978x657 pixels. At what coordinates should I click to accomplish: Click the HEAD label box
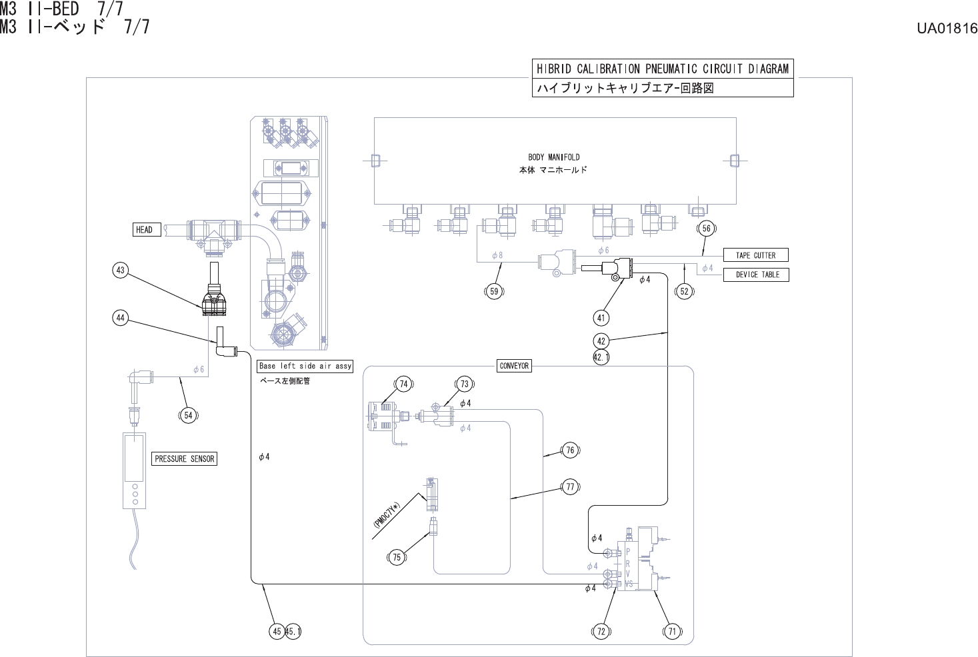tap(147, 229)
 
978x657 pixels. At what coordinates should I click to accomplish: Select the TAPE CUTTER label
tap(756, 255)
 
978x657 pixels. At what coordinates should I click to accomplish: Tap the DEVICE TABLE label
tap(756, 275)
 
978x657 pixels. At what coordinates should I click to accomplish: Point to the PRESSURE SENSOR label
tap(184, 459)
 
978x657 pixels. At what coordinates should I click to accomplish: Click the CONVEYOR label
tap(514, 366)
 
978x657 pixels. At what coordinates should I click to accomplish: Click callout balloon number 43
tap(121, 270)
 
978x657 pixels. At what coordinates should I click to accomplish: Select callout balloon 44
tap(121, 318)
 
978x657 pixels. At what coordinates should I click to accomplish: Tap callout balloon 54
tap(189, 415)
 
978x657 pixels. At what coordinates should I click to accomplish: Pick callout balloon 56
tap(707, 228)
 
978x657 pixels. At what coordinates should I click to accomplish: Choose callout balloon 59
tap(494, 291)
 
